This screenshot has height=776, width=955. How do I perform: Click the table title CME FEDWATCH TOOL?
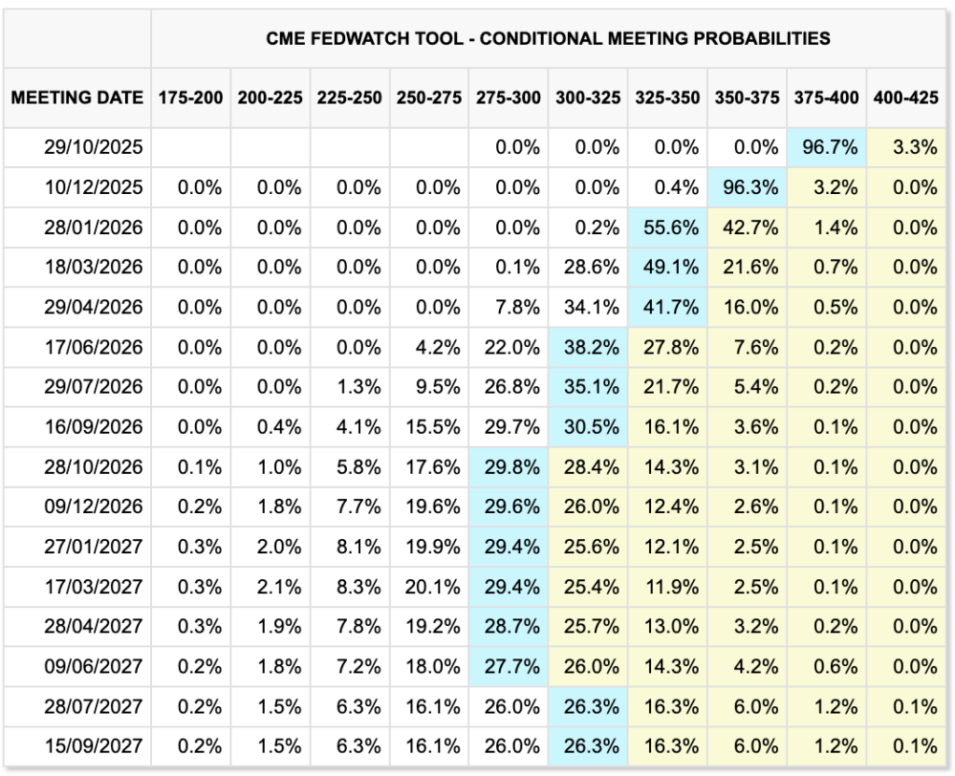pyautogui.click(x=548, y=38)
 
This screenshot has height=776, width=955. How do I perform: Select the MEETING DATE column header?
pyautogui.click(x=77, y=97)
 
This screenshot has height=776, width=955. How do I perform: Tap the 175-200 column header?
pyautogui.click(x=191, y=97)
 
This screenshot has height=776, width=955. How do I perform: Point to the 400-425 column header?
pyautogui.click(x=905, y=97)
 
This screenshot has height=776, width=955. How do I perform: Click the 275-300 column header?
pyautogui.click(x=509, y=97)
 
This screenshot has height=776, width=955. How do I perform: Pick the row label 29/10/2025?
pyautogui.click(x=93, y=147)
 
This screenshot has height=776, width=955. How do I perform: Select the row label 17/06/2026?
pyautogui.click(x=93, y=347)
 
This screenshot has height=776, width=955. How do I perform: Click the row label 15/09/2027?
pyautogui.click(x=93, y=745)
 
